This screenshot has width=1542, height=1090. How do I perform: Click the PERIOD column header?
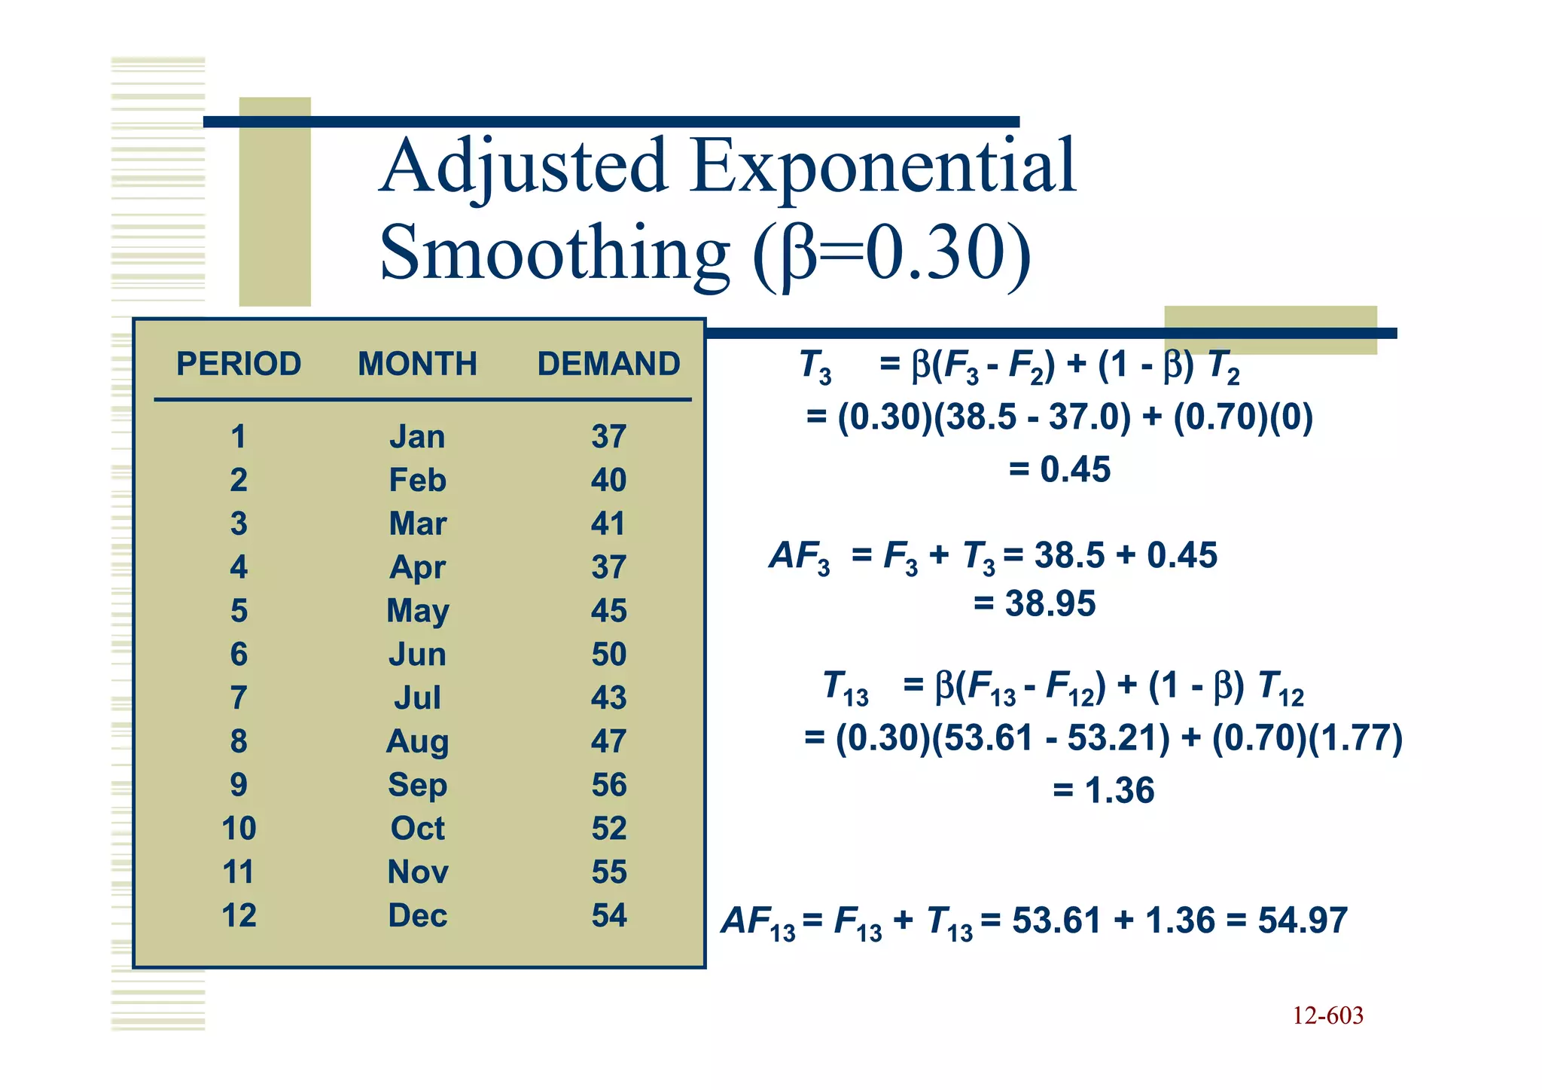coord(239,364)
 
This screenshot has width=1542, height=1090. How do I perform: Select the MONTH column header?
coord(417,364)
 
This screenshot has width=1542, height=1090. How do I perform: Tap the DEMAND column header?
coord(608,364)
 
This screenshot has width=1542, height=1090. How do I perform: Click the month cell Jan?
coord(417,437)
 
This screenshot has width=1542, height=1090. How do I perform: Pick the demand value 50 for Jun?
coord(608,654)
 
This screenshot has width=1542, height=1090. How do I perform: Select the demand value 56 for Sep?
coord(608,785)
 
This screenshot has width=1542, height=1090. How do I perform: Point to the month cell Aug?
coord(417,742)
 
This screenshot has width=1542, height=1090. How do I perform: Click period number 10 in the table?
coord(239,829)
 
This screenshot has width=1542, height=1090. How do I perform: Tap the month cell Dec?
coord(417,916)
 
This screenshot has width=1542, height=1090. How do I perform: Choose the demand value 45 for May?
coord(608,611)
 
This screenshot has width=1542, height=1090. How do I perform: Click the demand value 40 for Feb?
coord(608,480)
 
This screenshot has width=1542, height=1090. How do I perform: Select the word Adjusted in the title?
coord(524,167)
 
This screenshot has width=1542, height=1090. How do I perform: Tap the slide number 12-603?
coord(1327,1015)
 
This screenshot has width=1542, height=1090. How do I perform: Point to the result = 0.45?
coord(1059,469)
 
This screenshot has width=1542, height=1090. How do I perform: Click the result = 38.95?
coord(1035,603)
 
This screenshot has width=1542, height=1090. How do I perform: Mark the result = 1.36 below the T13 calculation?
coord(1103,790)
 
